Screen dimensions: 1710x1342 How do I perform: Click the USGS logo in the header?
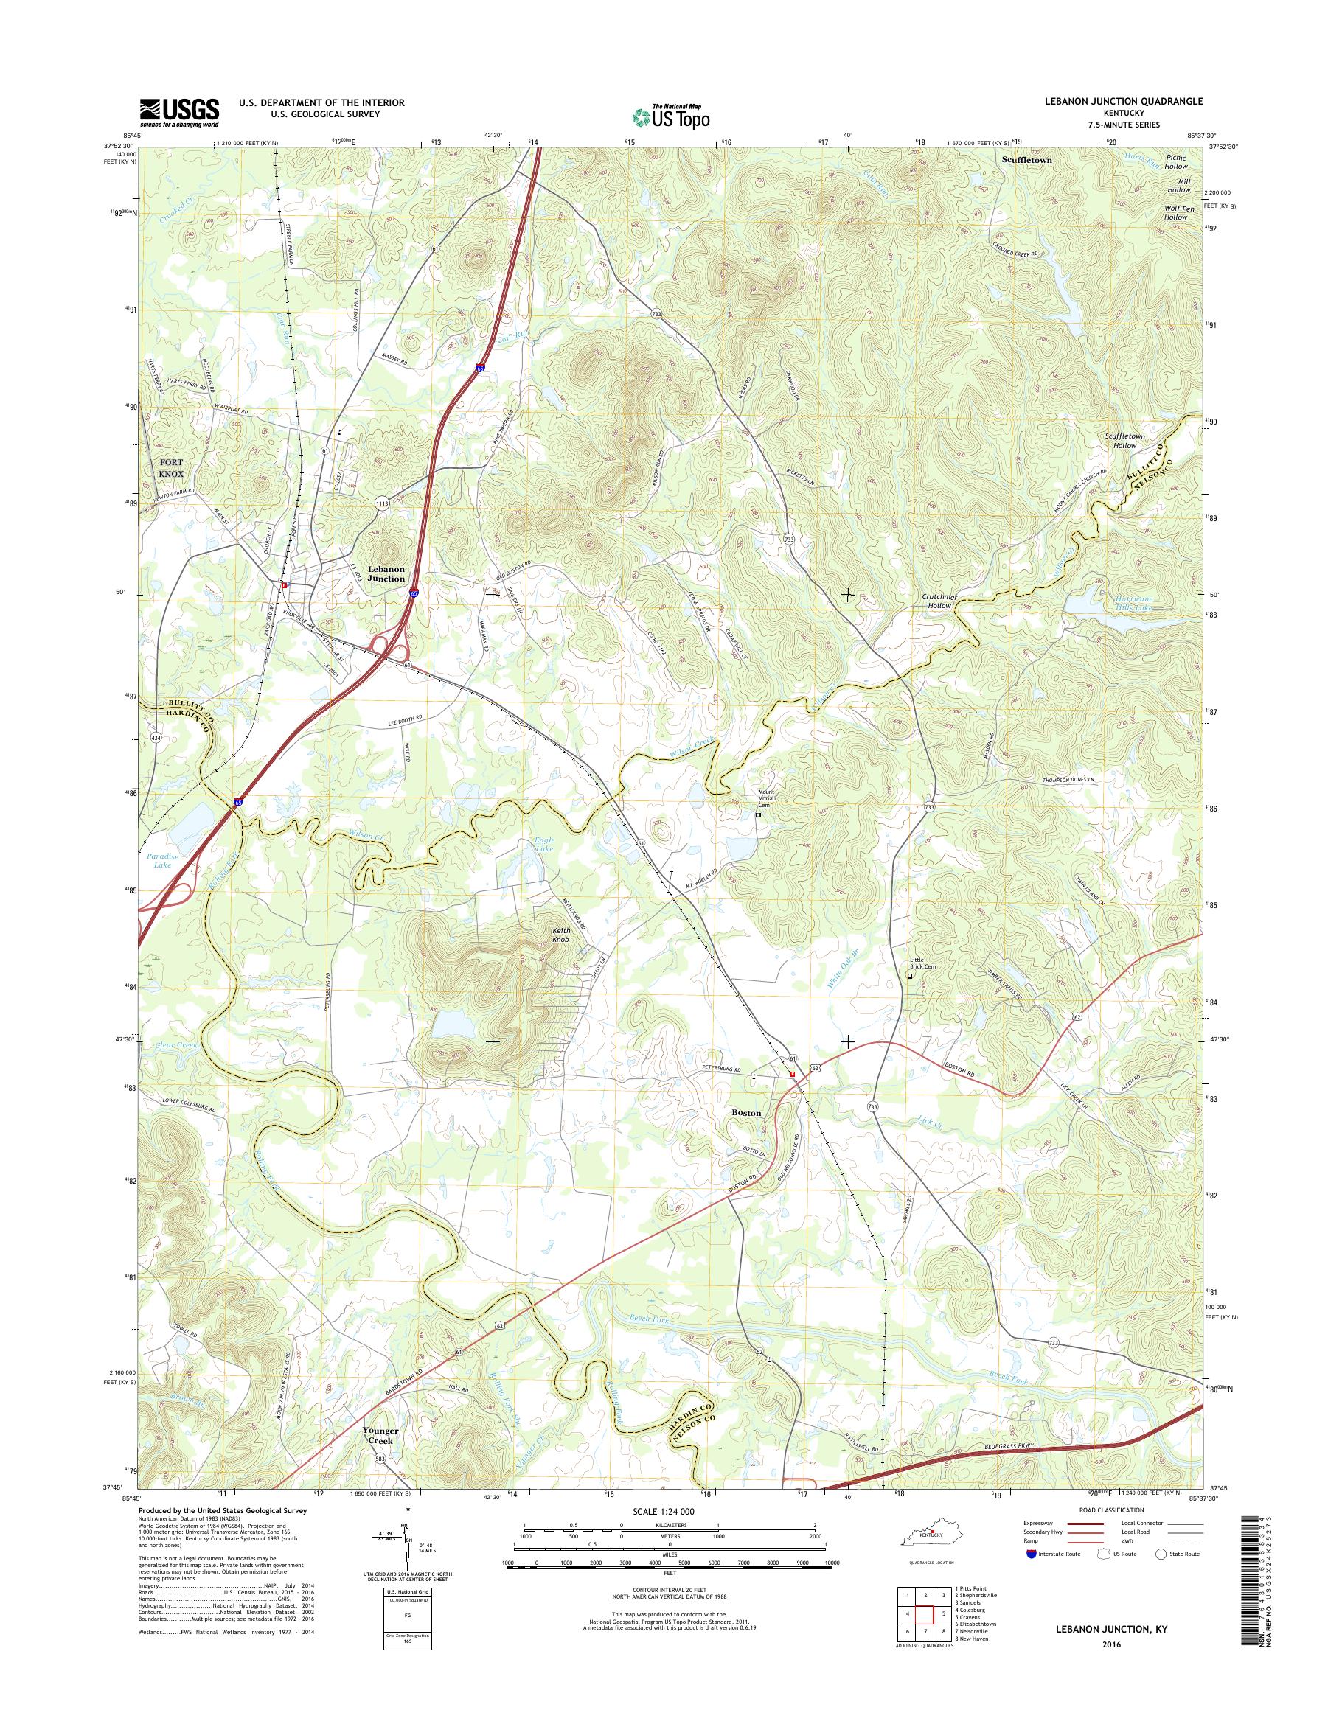click(179, 112)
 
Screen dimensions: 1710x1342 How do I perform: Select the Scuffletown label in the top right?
click(1026, 158)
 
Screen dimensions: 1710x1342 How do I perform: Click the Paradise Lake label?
click(163, 860)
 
